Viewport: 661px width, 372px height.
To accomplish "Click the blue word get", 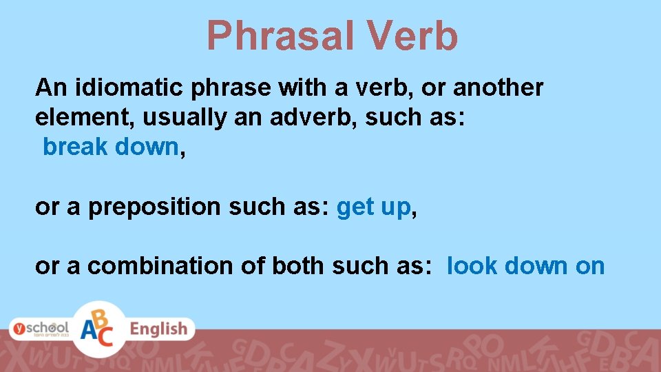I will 355,206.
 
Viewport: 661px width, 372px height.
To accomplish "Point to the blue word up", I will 395,207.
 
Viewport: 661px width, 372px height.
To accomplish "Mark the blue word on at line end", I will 590,267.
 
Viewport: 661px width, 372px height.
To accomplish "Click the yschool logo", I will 39,329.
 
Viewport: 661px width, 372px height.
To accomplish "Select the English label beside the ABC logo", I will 158,329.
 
